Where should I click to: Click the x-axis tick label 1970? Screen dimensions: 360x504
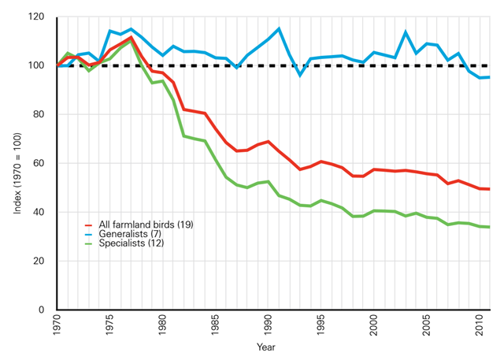(x=57, y=326)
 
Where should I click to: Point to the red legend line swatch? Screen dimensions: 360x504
(x=90, y=225)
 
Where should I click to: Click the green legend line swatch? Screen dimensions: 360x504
(x=90, y=243)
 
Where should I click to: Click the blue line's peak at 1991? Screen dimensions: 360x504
(x=279, y=29)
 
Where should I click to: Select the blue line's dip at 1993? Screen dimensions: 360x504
(x=300, y=75)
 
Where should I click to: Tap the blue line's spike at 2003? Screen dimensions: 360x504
(x=405, y=32)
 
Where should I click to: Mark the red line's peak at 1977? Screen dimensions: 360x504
(x=132, y=37)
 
